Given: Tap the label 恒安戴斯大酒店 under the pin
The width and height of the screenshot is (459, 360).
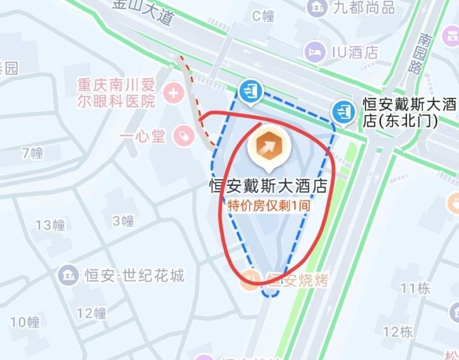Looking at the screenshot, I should pos(267,186).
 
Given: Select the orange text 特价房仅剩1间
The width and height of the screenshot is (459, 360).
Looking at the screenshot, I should pos(267,205).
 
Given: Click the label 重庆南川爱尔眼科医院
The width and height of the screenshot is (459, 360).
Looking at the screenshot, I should pos(116,94).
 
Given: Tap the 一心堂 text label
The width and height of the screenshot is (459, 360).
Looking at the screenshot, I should pos(143,136).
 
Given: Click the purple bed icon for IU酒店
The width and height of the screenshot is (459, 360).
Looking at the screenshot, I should pos(314,52).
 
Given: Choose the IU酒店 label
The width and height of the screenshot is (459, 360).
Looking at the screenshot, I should pos(355,52).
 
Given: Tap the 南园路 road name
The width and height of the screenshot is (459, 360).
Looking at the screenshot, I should pos(427,54).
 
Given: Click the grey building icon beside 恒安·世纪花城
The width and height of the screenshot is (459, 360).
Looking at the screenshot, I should pos(69,275).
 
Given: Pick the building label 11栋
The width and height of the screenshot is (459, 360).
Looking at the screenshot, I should pos(415,288).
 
